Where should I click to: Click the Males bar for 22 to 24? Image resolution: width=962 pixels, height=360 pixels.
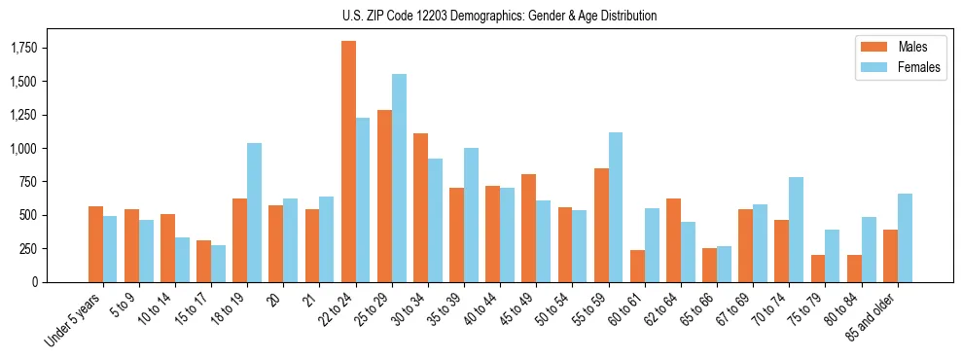click(348, 162)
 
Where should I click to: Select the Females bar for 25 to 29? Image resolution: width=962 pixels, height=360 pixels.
click(399, 178)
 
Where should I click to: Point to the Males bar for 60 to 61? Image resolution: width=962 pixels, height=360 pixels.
click(637, 266)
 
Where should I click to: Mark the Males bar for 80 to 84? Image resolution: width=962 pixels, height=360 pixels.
click(854, 269)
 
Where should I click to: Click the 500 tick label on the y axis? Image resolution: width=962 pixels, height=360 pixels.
click(27, 215)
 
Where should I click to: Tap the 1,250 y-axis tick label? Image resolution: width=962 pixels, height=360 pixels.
click(23, 115)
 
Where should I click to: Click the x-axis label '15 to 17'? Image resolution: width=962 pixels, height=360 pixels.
click(191, 313)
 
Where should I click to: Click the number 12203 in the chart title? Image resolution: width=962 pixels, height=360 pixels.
click(440, 16)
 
